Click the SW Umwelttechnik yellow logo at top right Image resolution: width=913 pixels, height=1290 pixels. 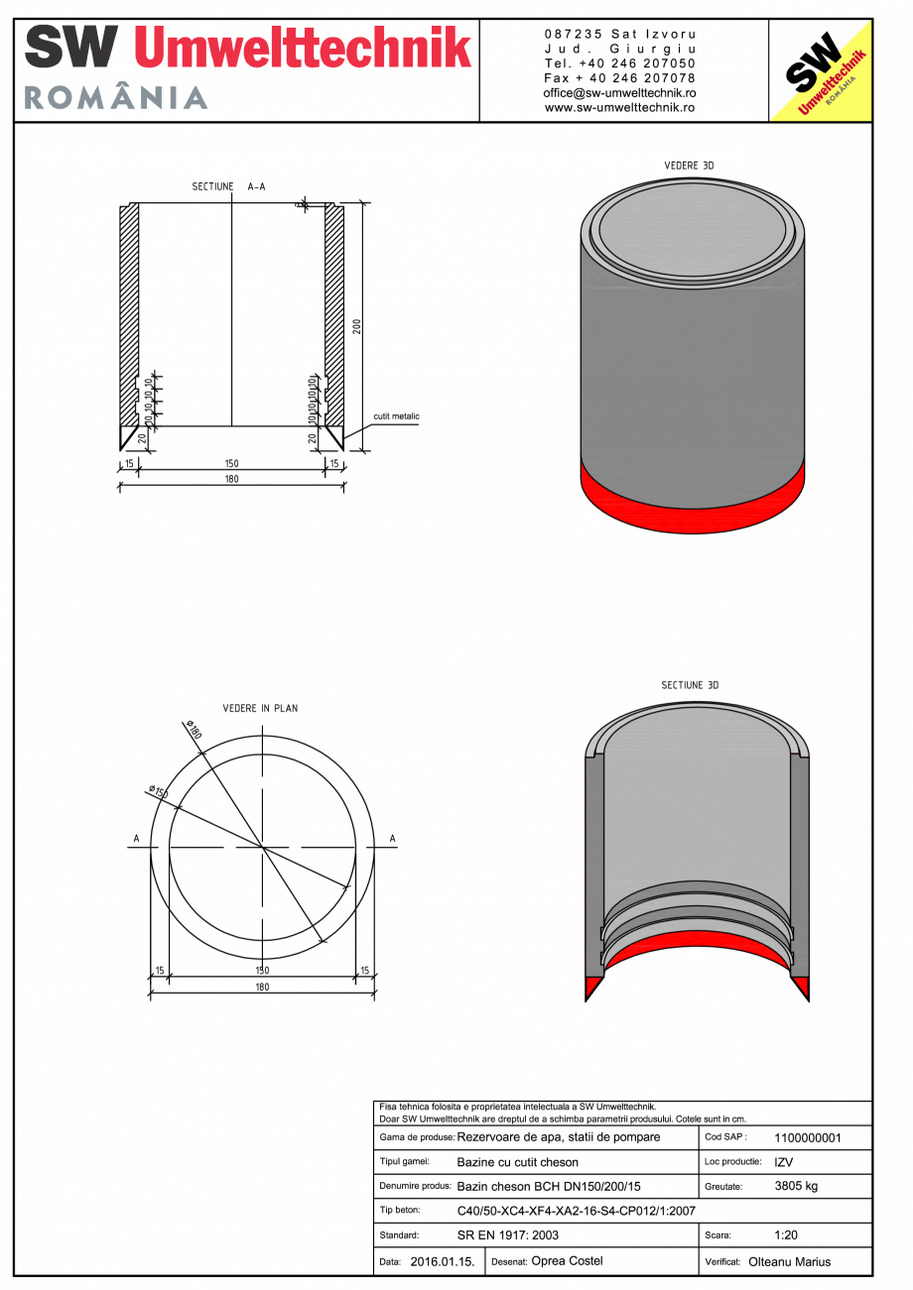point(821,71)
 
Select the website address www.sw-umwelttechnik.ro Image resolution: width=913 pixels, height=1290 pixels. point(619,107)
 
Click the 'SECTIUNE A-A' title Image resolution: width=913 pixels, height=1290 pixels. point(228,186)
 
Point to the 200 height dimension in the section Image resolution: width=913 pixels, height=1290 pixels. point(356,326)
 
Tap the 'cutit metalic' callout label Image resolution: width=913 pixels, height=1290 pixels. point(396,416)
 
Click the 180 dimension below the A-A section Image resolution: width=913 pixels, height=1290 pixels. point(232,479)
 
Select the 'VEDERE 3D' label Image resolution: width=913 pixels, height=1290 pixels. point(689,166)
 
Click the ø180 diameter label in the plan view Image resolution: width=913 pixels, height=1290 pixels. point(192,731)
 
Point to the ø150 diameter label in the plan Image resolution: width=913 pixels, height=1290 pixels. point(158,792)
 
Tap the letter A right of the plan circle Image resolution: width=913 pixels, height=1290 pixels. point(393,840)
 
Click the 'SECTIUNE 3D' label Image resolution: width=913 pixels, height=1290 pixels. point(690,685)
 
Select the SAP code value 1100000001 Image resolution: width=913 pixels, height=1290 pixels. point(806,1138)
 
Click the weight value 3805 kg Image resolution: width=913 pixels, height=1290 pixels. point(795,1186)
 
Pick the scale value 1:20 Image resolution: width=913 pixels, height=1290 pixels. point(787,1235)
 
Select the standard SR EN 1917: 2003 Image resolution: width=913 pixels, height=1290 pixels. point(507,1236)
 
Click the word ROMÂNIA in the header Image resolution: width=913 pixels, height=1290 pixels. point(115,97)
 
